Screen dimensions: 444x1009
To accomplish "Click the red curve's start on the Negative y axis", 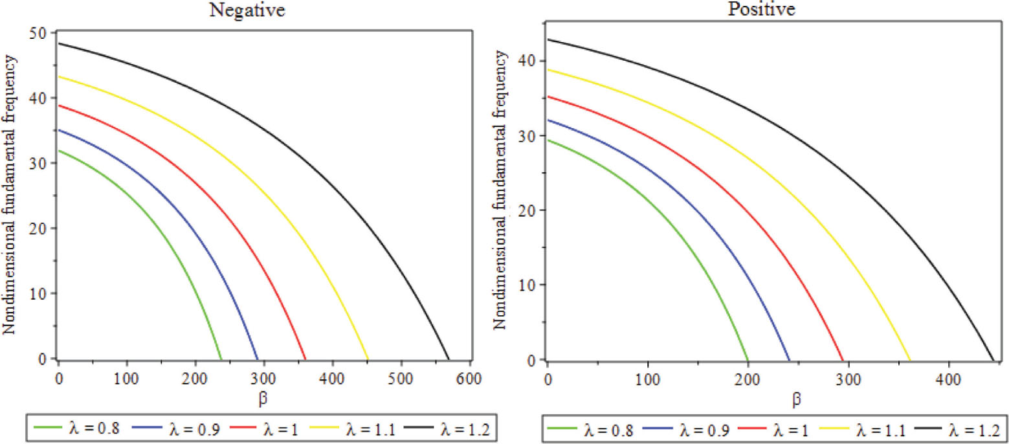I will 58,105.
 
